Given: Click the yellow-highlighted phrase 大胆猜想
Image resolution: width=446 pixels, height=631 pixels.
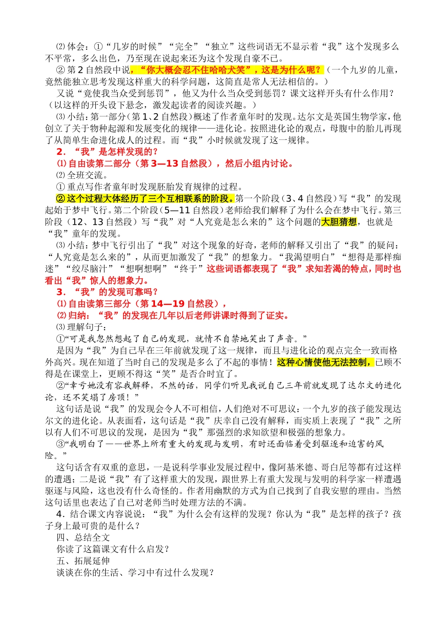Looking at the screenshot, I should tap(338, 222).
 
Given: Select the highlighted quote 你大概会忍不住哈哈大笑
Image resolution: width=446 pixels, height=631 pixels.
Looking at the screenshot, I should tap(200, 70).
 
